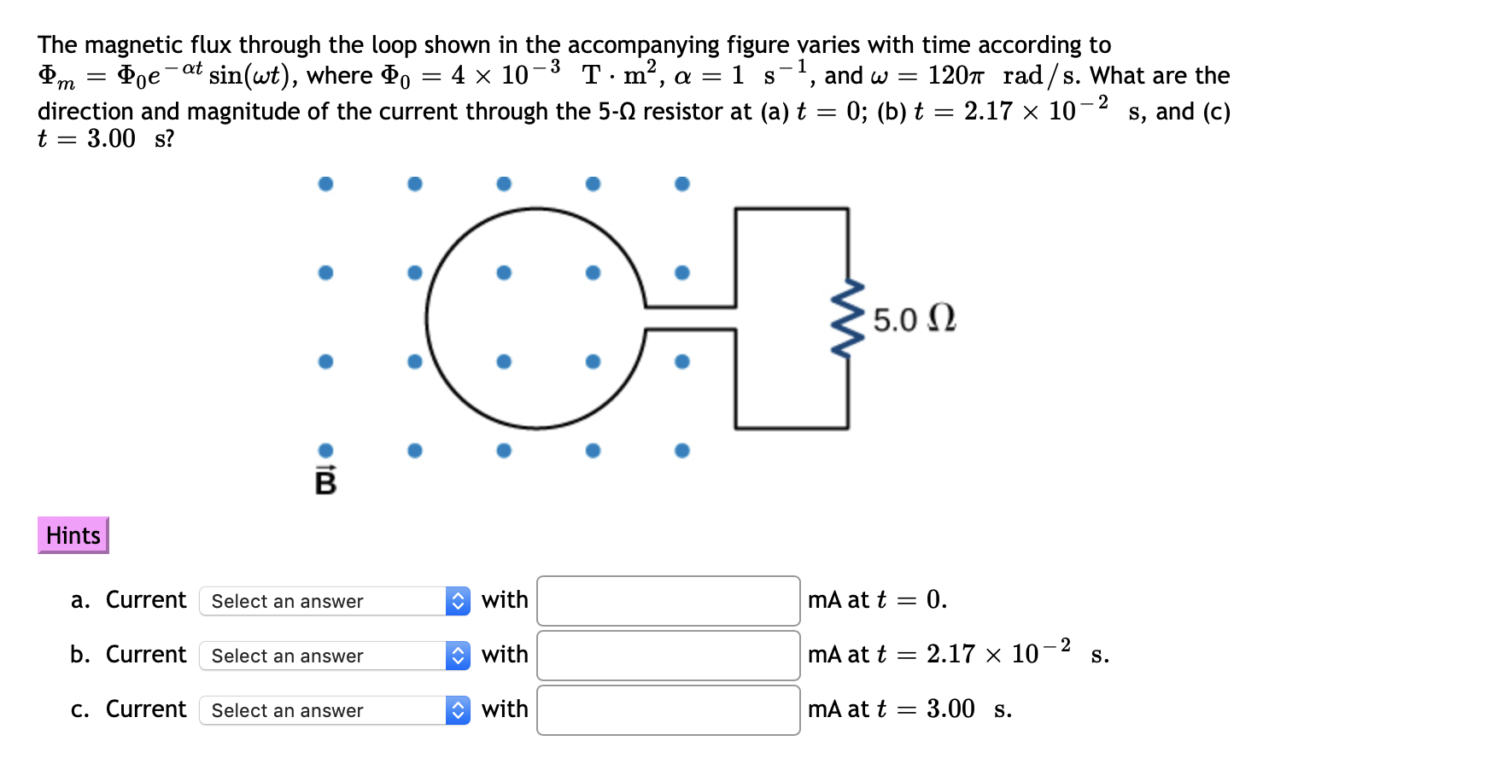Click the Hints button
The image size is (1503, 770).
[x=73, y=535]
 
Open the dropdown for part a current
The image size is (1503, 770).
[x=334, y=601]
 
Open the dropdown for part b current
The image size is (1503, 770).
[x=334, y=656]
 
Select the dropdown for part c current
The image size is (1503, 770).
[x=334, y=710]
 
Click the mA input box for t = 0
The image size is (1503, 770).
[x=668, y=601]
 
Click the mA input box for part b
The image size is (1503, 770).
[x=668, y=656]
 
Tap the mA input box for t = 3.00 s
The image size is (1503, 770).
[x=668, y=710]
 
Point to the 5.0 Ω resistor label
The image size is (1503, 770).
[x=914, y=319]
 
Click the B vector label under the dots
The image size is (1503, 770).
[x=325, y=481]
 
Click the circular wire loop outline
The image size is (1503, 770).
[x=427, y=318]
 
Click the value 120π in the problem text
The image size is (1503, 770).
[x=956, y=76]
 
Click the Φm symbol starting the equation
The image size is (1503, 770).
[x=56, y=76]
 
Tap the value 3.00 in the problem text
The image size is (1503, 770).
[x=111, y=138]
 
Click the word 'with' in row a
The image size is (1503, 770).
[x=505, y=600]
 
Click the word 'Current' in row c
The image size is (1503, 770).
[x=146, y=709]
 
